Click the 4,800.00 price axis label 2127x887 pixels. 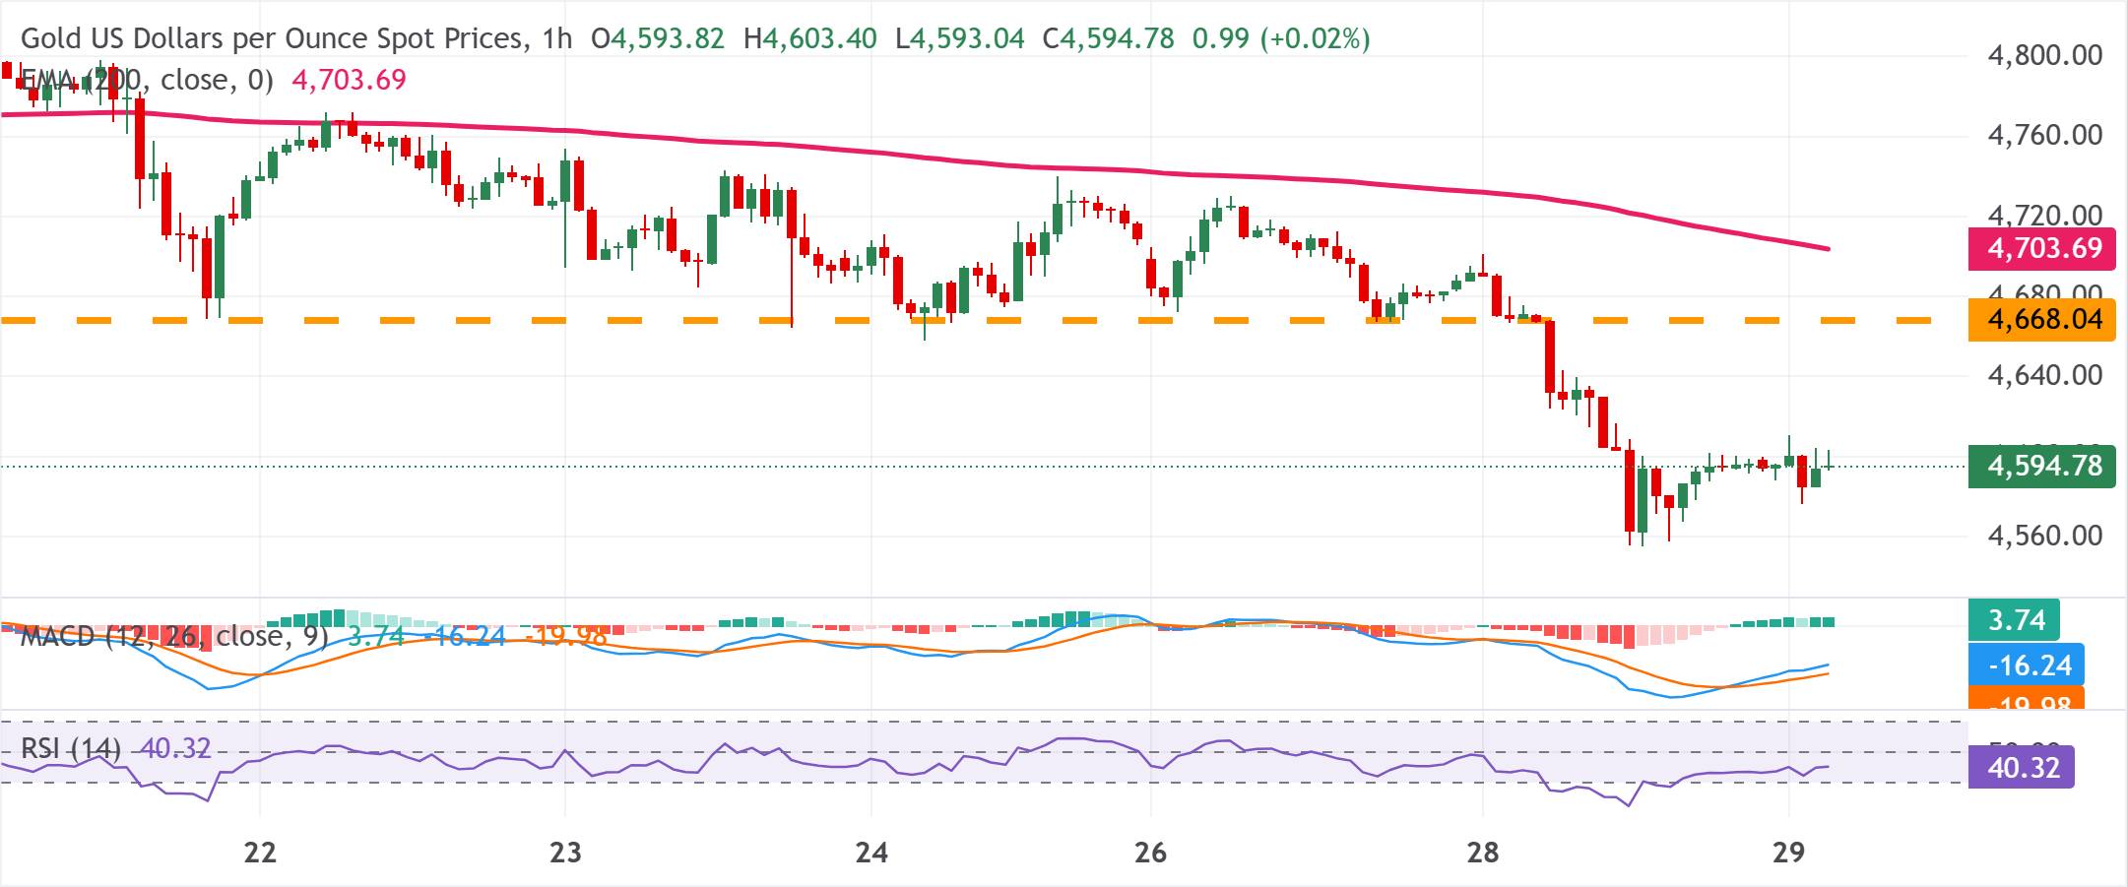pyautogui.click(x=2044, y=55)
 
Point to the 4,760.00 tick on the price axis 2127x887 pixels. pyautogui.click(x=2044, y=135)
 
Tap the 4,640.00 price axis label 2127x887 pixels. pyautogui.click(x=2044, y=375)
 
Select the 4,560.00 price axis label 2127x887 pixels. pyautogui.click(x=2044, y=536)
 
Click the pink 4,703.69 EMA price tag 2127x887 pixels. pyautogui.click(x=2041, y=248)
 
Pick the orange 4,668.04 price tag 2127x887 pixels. pyautogui.click(x=2041, y=320)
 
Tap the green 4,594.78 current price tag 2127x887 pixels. pyautogui.click(x=2041, y=466)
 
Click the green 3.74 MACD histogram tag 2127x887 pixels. pyautogui.click(x=2015, y=620)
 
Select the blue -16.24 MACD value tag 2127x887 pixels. pyautogui.click(x=2027, y=665)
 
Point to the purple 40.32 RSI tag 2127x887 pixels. pyautogui.click(x=2022, y=767)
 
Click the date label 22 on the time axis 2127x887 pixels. pyautogui.click(x=260, y=853)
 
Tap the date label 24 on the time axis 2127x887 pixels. pyautogui.click(x=871, y=853)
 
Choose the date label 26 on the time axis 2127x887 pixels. pyautogui.click(x=1150, y=853)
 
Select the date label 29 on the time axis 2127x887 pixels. pyautogui.click(x=1788, y=853)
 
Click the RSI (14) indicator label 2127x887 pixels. pyautogui.click(x=71, y=749)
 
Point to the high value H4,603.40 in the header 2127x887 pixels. pyautogui.click(x=809, y=38)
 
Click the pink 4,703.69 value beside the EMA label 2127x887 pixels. pyautogui.click(x=349, y=80)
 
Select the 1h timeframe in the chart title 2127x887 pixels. pyautogui.click(x=557, y=38)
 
